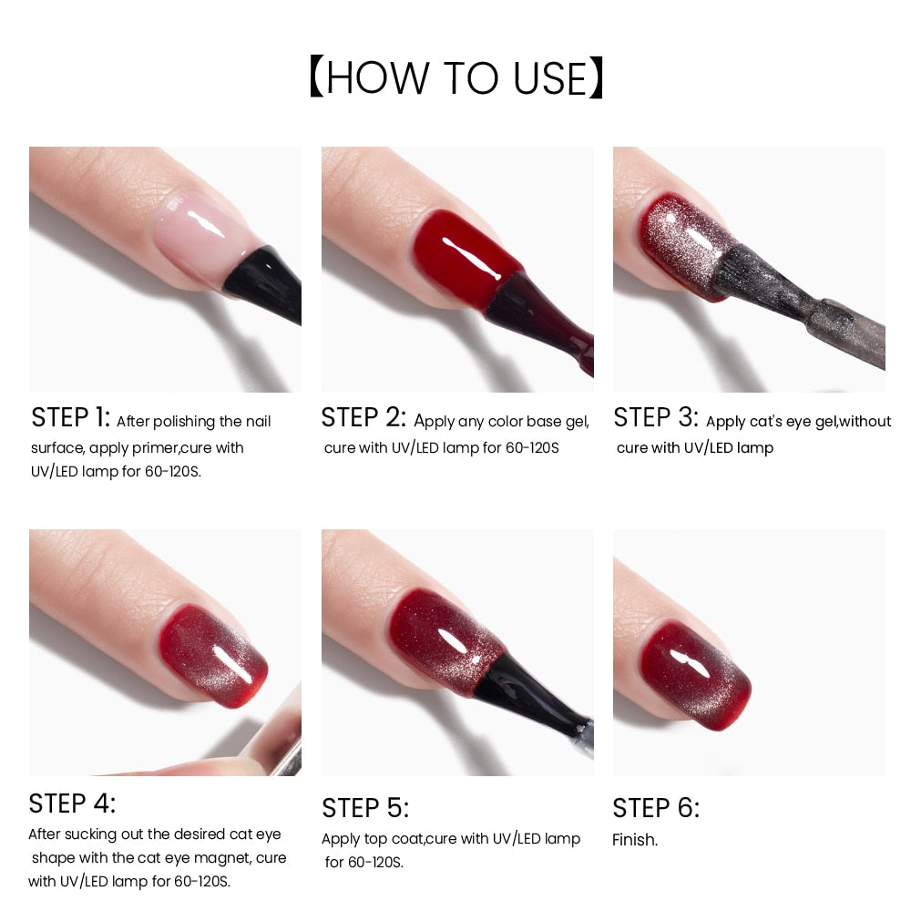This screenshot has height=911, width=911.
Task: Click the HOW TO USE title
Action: point(455,78)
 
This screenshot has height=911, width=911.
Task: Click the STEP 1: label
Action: point(70,418)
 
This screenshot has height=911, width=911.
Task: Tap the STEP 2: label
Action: point(363,418)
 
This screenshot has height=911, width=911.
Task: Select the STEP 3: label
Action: point(655,418)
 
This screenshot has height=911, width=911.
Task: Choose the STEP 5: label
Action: point(365,808)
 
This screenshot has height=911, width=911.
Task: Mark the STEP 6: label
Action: point(656,808)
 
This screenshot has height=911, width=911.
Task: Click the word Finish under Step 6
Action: point(634,840)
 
